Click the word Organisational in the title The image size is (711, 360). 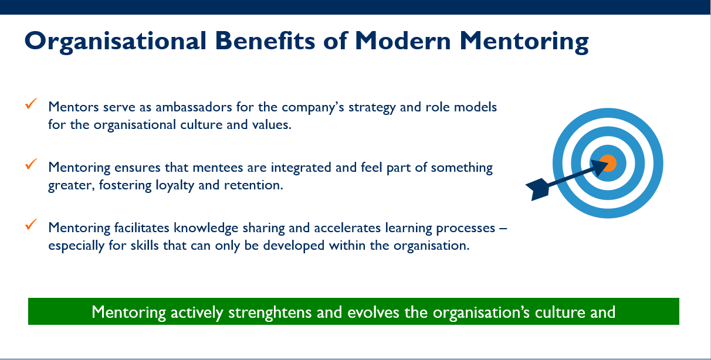click(116, 42)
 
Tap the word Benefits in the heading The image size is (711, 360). click(265, 40)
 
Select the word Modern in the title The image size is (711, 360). click(403, 40)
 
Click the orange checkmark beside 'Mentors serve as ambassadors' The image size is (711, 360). click(31, 104)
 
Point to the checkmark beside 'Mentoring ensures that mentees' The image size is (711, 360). click(31, 164)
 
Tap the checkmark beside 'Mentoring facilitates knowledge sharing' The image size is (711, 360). click(31, 224)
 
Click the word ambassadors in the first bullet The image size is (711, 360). click(194, 107)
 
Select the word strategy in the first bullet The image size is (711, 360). click(372, 108)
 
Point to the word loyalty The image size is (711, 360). click(175, 185)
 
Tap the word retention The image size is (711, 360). click(253, 185)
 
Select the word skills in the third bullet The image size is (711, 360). click(144, 246)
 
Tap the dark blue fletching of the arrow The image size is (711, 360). click(538, 189)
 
